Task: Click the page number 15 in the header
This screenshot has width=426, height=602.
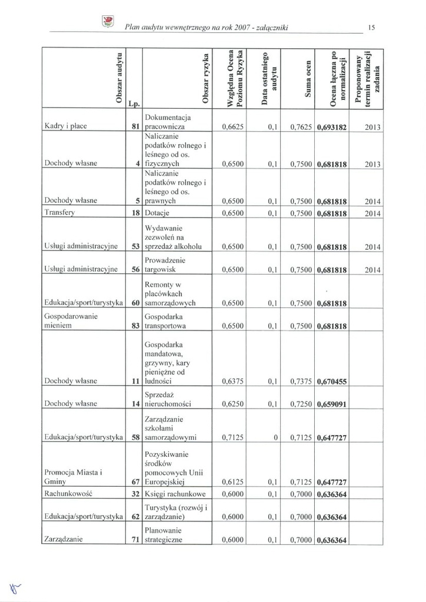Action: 371,27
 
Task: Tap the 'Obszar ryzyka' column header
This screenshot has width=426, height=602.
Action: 205,79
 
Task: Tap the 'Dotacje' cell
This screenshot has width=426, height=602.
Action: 157,213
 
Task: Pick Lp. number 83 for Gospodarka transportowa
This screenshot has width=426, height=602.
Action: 135,325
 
